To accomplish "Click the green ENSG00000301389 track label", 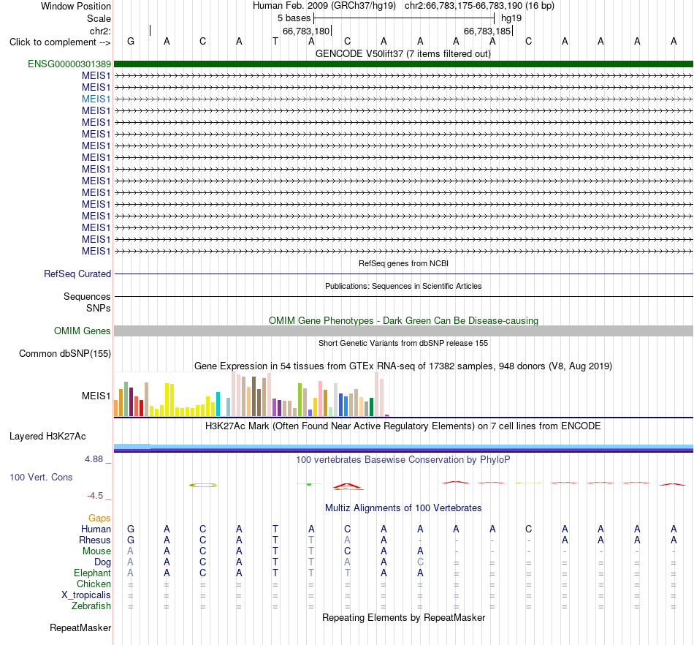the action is click(69, 64).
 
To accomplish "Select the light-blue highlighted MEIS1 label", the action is click(96, 99).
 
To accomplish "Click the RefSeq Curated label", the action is click(77, 274).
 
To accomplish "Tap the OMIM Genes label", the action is click(83, 331).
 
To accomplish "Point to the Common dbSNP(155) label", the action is click(65, 353).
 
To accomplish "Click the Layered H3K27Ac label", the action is click(47, 437).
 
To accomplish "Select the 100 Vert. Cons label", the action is click(41, 477).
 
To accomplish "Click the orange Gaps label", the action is click(99, 518).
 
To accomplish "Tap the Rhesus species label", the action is click(95, 540).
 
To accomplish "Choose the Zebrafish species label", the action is click(91, 606).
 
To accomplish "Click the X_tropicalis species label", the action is click(86, 595).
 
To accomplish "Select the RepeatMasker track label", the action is click(80, 627).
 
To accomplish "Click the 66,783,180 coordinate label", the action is click(306, 31).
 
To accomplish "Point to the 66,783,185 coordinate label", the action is click(487, 31).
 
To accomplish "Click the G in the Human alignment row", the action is click(131, 529).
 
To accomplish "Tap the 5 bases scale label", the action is click(294, 18).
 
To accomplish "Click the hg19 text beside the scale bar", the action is click(511, 18).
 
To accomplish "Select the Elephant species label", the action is click(93, 573).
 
